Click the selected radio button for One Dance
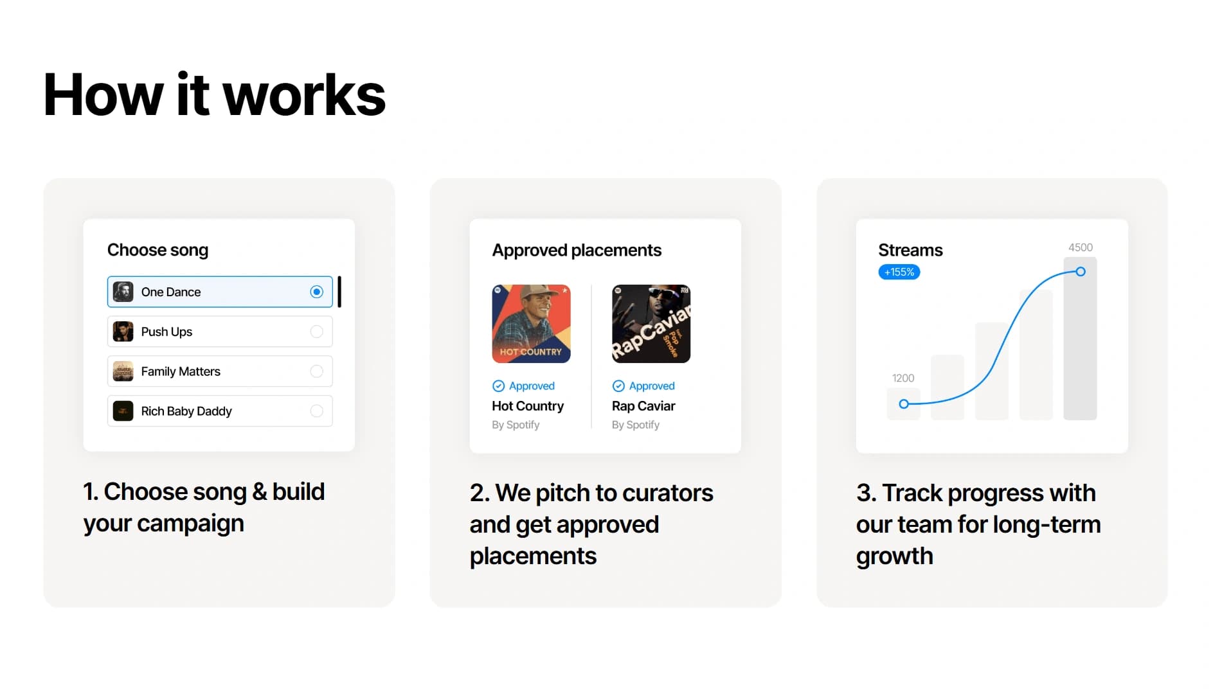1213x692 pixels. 316,292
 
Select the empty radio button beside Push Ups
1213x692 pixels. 316,332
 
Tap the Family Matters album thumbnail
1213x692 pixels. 123,371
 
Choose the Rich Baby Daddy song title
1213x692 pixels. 186,411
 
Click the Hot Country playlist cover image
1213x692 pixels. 531,324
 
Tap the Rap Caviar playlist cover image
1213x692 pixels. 651,324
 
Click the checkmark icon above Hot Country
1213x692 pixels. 498,386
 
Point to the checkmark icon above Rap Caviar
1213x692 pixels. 618,386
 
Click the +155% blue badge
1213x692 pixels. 899,272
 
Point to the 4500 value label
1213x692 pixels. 1080,247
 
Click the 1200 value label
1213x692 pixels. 903,378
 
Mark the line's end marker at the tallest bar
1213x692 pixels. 1081,272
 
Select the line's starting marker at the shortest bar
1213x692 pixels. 904,404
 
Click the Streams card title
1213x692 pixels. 910,250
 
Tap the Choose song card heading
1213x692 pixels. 157,250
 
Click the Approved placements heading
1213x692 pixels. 577,251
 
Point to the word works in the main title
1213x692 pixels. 304,95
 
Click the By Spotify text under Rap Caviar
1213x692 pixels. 636,425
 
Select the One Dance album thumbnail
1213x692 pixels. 123,292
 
